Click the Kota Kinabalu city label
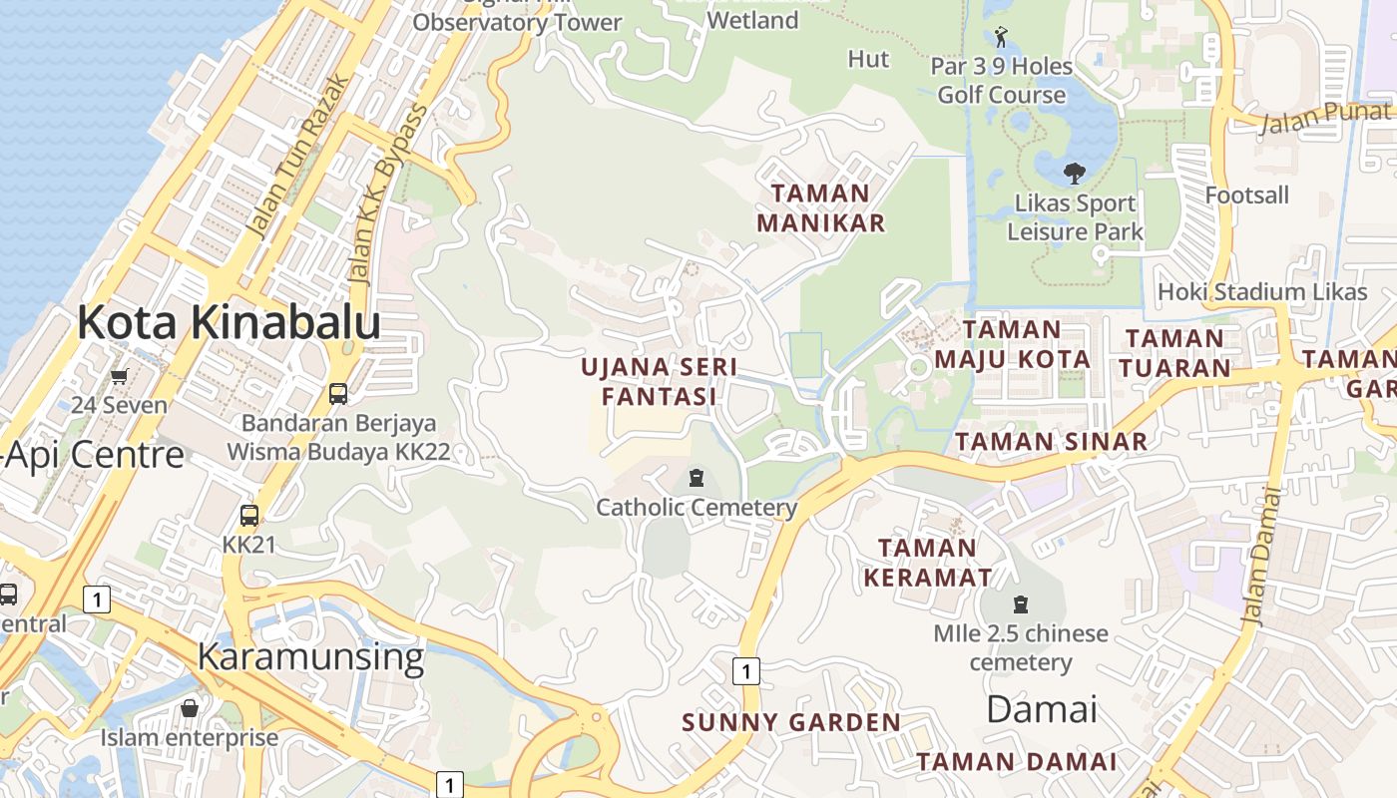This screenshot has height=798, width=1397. click(x=229, y=322)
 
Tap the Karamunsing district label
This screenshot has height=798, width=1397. click(x=310, y=657)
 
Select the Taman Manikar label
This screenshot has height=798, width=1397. click(x=820, y=207)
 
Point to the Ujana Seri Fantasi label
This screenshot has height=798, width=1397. click(x=660, y=381)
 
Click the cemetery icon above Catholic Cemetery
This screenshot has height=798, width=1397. click(x=697, y=478)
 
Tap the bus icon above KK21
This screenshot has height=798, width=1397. click(x=249, y=516)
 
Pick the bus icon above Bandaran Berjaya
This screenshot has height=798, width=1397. click(x=338, y=393)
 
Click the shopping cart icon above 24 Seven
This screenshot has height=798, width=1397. click(x=120, y=376)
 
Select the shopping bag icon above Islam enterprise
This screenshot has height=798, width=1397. click(x=190, y=708)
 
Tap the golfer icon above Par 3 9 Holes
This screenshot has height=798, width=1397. click(x=1001, y=38)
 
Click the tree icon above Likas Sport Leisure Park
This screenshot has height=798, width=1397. click(x=1075, y=174)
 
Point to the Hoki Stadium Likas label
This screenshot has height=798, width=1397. click(x=1261, y=292)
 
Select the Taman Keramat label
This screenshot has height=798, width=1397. click(x=928, y=563)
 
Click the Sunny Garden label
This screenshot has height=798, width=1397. click(x=791, y=722)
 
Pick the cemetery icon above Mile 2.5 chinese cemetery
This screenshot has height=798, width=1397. click(x=1021, y=604)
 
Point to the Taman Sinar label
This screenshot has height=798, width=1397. click(x=1051, y=441)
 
